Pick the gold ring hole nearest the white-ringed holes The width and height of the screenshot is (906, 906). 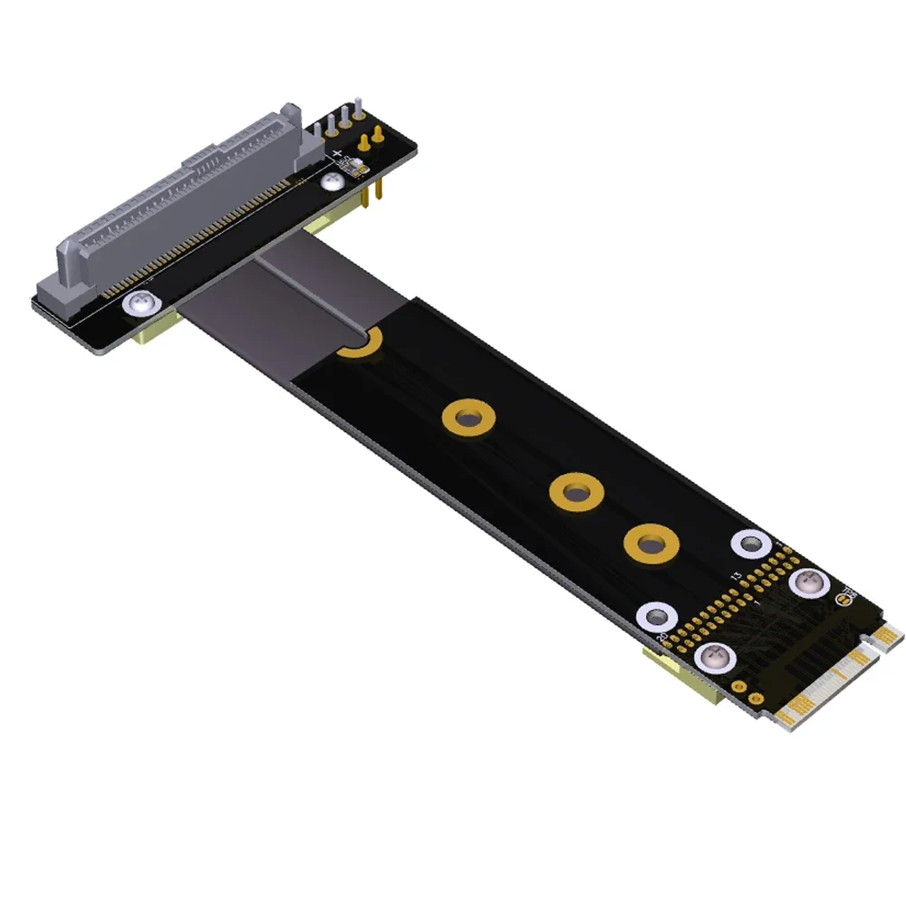coord(647,545)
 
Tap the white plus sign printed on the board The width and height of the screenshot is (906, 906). coord(337,154)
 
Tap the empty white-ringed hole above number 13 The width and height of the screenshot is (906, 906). coord(750,545)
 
